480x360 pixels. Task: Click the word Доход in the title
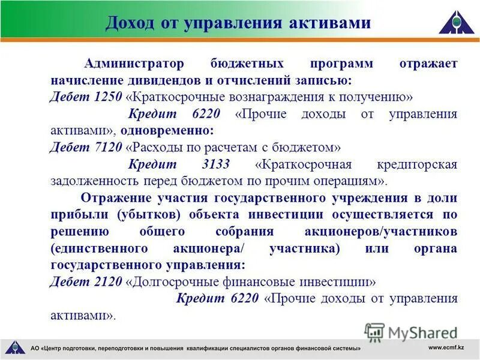129,23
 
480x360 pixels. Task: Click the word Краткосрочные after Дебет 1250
172,97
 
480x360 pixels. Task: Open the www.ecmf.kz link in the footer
446,347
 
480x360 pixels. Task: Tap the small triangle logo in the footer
14,347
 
